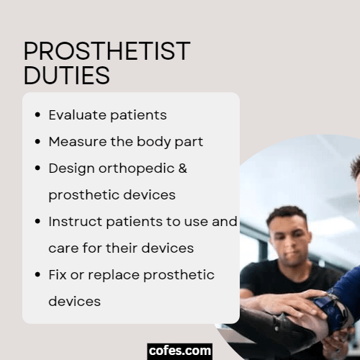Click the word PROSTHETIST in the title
(x=107, y=52)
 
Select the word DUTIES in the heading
(x=66, y=75)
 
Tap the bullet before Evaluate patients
(x=37, y=115)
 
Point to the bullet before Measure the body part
(x=37, y=142)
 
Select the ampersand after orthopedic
(x=183, y=168)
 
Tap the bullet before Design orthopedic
(x=37, y=168)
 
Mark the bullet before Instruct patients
(x=37, y=222)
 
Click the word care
(x=63, y=248)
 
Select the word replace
(x=113, y=275)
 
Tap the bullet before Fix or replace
(x=37, y=275)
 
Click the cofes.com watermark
(x=180, y=351)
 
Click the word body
(x=154, y=142)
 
